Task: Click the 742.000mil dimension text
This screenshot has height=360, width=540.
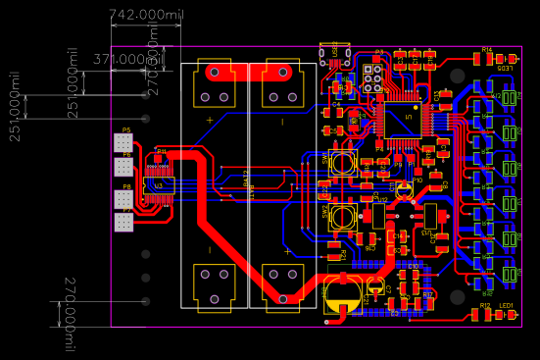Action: coord(145,16)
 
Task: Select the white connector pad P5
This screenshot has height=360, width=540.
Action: coord(123,144)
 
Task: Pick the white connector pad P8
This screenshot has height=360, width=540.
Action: coord(123,199)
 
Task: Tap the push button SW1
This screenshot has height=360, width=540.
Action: coord(342,163)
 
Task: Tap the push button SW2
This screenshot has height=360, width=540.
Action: coord(342,218)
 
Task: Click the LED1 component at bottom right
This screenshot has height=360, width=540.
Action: coord(507,315)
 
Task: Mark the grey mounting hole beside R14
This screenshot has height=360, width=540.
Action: coord(457,75)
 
